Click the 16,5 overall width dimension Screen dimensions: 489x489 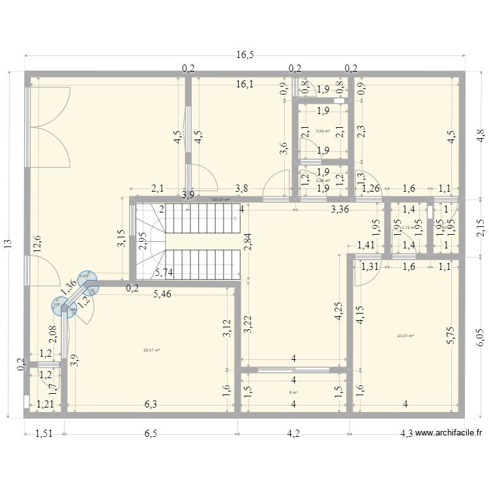tap(244, 55)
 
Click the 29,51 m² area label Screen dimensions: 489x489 tap(152, 350)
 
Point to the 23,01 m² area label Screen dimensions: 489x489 tap(406, 336)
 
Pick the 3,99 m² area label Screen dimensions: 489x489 tap(323, 131)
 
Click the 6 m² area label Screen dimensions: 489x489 tap(293, 393)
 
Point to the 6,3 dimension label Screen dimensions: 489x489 tap(150, 405)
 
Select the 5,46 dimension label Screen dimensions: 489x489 tap(163, 295)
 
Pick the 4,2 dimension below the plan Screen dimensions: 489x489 tap(293, 432)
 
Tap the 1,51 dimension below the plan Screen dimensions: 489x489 tap(43, 432)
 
